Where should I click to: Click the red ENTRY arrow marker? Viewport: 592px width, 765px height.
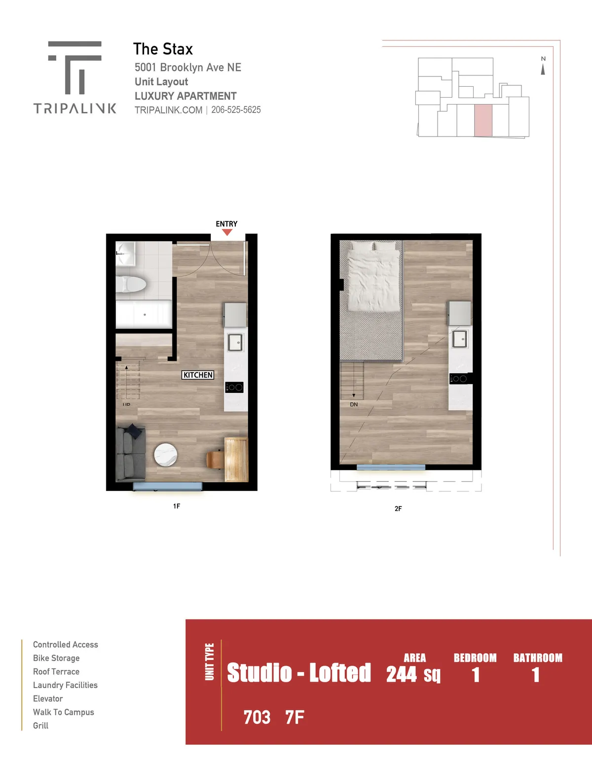pyautogui.click(x=227, y=232)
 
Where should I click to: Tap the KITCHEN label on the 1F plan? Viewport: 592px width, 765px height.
pyautogui.click(x=198, y=375)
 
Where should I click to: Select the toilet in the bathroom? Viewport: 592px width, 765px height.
pyautogui.click(x=131, y=284)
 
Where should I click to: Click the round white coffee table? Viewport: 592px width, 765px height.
pyautogui.click(x=166, y=454)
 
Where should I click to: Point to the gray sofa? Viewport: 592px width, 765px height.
pyautogui.click(x=131, y=452)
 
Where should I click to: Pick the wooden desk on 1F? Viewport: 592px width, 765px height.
pyautogui.click(x=236, y=459)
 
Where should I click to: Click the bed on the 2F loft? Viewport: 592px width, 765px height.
pyautogui.click(x=373, y=277)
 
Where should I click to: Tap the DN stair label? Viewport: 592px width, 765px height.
pyautogui.click(x=354, y=405)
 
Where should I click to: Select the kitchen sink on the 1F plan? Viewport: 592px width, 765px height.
pyautogui.click(x=235, y=342)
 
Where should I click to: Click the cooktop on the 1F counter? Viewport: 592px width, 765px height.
pyautogui.click(x=234, y=387)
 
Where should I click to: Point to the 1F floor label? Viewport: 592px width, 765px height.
pyautogui.click(x=177, y=506)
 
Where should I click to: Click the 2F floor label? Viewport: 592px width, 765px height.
pyautogui.click(x=398, y=509)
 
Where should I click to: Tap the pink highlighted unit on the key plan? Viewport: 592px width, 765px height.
pyautogui.click(x=483, y=120)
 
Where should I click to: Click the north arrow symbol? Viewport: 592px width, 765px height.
pyautogui.click(x=543, y=70)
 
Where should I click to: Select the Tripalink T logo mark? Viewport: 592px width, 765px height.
pyautogui.click(x=74, y=68)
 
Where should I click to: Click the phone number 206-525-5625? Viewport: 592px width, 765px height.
pyautogui.click(x=236, y=110)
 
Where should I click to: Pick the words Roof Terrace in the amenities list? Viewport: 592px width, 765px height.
pyautogui.click(x=56, y=671)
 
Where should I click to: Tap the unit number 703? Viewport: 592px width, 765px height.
pyautogui.click(x=257, y=717)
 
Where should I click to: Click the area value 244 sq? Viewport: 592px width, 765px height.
pyautogui.click(x=413, y=674)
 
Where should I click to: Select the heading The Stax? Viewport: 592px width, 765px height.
pyautogui.click(x=163, y=49)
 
